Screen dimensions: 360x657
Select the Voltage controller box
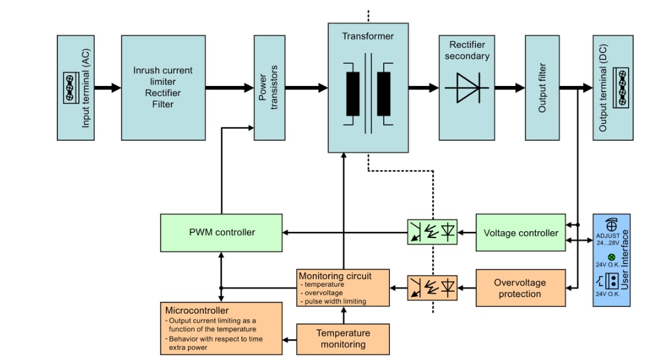(521, 232)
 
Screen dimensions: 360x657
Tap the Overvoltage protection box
(521, 288)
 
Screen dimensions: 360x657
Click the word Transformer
(368, 36)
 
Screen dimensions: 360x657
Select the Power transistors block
(269, 87)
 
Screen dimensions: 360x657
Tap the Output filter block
(542, 87)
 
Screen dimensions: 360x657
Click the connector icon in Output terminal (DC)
(622, 88)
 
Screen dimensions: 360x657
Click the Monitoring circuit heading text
(335, 276)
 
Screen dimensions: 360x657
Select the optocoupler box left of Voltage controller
(432, 232)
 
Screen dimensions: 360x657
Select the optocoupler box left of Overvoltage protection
(432, 288)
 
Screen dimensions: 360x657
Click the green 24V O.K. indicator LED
(611, 256)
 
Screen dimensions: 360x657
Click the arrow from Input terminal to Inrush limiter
(108, 88)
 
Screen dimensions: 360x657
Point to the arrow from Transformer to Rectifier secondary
(423, 88)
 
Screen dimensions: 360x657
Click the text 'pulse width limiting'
(335, 301)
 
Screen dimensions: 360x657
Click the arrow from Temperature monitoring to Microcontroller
(290, 340)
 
